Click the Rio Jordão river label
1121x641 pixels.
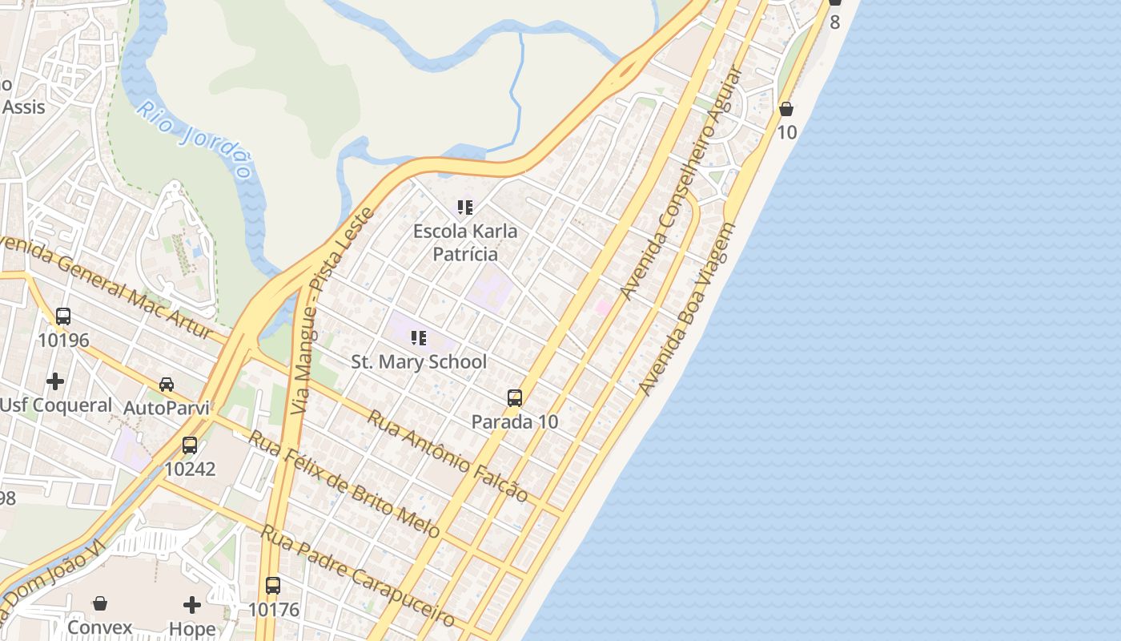(195, 140)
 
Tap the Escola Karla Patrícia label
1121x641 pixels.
(465, 243)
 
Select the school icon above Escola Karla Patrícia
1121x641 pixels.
(465, 208)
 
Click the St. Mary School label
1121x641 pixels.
(419, 362)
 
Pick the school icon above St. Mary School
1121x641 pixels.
(419, 338)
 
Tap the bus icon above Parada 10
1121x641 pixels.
(515, 397)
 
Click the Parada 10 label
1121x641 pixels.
(515, 421)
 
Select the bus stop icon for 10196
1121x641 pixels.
(63, 316)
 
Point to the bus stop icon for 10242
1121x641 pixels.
(190, 445)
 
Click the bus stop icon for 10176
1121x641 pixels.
(273, 586)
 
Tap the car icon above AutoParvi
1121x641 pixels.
(167, 385)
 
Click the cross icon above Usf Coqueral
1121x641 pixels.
(55, 381)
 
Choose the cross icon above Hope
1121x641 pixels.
(192, 604)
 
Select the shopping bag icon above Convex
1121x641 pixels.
(100, 603)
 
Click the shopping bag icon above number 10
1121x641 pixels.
(786, 109)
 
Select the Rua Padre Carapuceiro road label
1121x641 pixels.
(358, 576)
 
